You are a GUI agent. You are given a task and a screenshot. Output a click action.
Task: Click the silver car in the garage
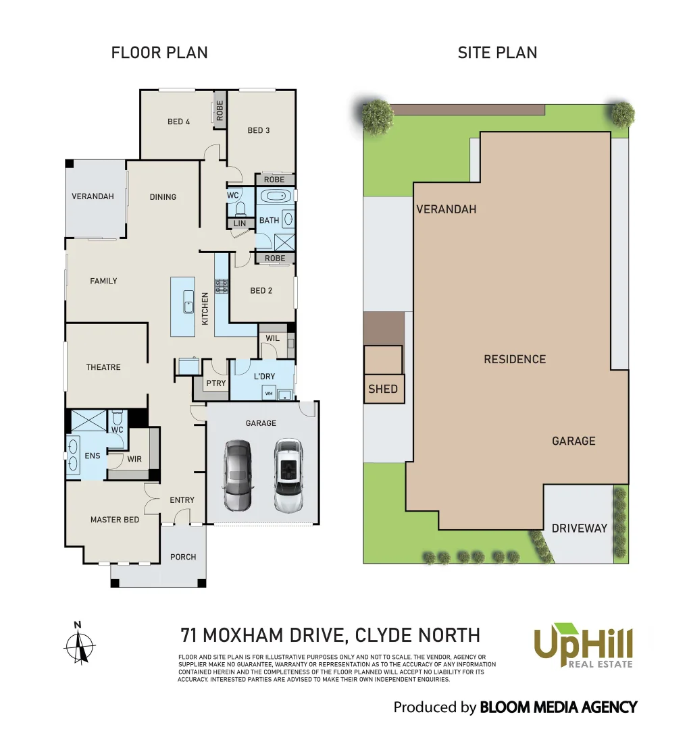click(x=237, y=476)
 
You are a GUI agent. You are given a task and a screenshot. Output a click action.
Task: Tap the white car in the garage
click(x=289, y=476)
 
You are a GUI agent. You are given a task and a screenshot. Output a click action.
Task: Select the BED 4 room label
click(x=178, y=122)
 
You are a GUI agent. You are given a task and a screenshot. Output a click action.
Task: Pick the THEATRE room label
click(x=103, y=367)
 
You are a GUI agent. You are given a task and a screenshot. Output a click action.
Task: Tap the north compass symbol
click(x=80, y=645)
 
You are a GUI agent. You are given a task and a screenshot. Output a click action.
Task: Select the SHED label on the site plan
click(x=383, y=389)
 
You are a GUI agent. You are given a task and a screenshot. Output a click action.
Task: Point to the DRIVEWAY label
click(x=580, y=529)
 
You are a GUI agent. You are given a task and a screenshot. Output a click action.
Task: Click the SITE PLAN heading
click(x=497, y=53)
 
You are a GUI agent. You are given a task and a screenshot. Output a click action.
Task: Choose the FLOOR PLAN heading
click(x=159, y=53)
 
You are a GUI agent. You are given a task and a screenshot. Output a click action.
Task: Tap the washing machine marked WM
click(x=268, y=393)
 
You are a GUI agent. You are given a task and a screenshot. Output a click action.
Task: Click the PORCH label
click(x=183, y=557)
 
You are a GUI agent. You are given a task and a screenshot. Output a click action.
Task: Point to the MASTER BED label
click(x=115, y=520)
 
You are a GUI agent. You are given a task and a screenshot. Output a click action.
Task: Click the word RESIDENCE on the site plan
click(x=515, y=359)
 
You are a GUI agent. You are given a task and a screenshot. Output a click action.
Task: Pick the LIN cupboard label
click(x=239, y=223)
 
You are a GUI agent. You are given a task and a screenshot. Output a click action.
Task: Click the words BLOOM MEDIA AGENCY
click(x=558, y=707)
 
